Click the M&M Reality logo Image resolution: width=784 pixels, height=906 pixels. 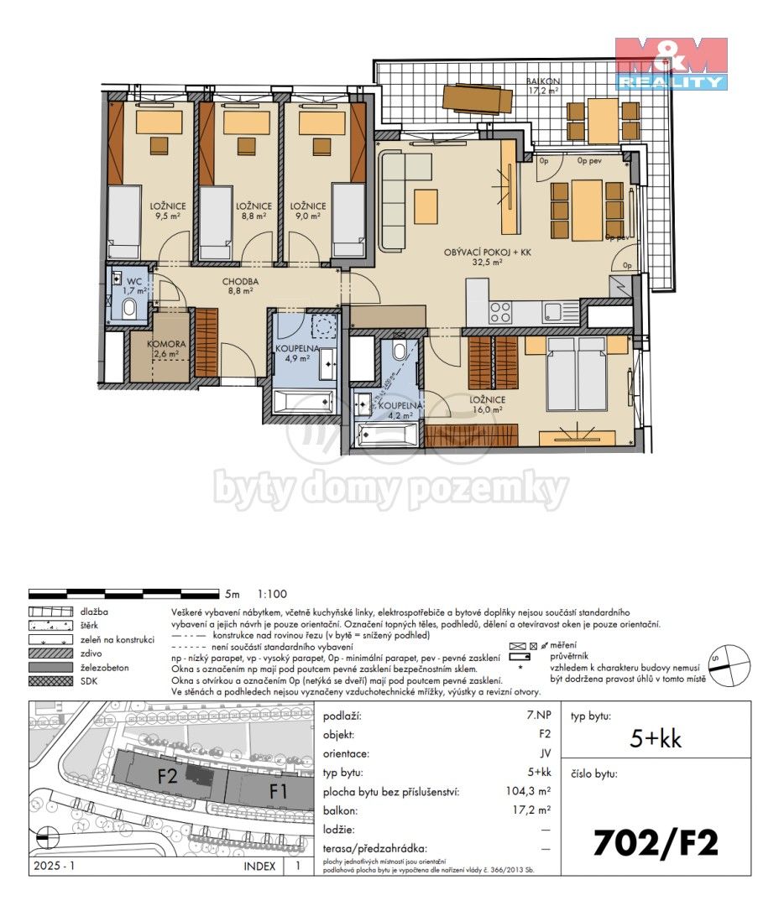coord(671,64)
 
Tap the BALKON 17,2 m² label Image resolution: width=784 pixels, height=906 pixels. coord(543,85)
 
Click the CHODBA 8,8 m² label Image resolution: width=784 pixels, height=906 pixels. coord(240,286)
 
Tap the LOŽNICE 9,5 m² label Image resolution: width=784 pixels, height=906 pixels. coord(168,211)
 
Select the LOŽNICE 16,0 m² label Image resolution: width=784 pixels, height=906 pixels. coord(488,404)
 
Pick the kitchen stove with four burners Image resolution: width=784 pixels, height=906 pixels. coord(501,312)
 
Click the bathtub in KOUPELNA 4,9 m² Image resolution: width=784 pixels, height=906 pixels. coord(304,403)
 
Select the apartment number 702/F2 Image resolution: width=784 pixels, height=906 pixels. coord(656,842)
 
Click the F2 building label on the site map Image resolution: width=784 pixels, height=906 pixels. coord(168,776)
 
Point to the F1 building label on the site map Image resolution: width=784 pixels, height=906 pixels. coord(279,789)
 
